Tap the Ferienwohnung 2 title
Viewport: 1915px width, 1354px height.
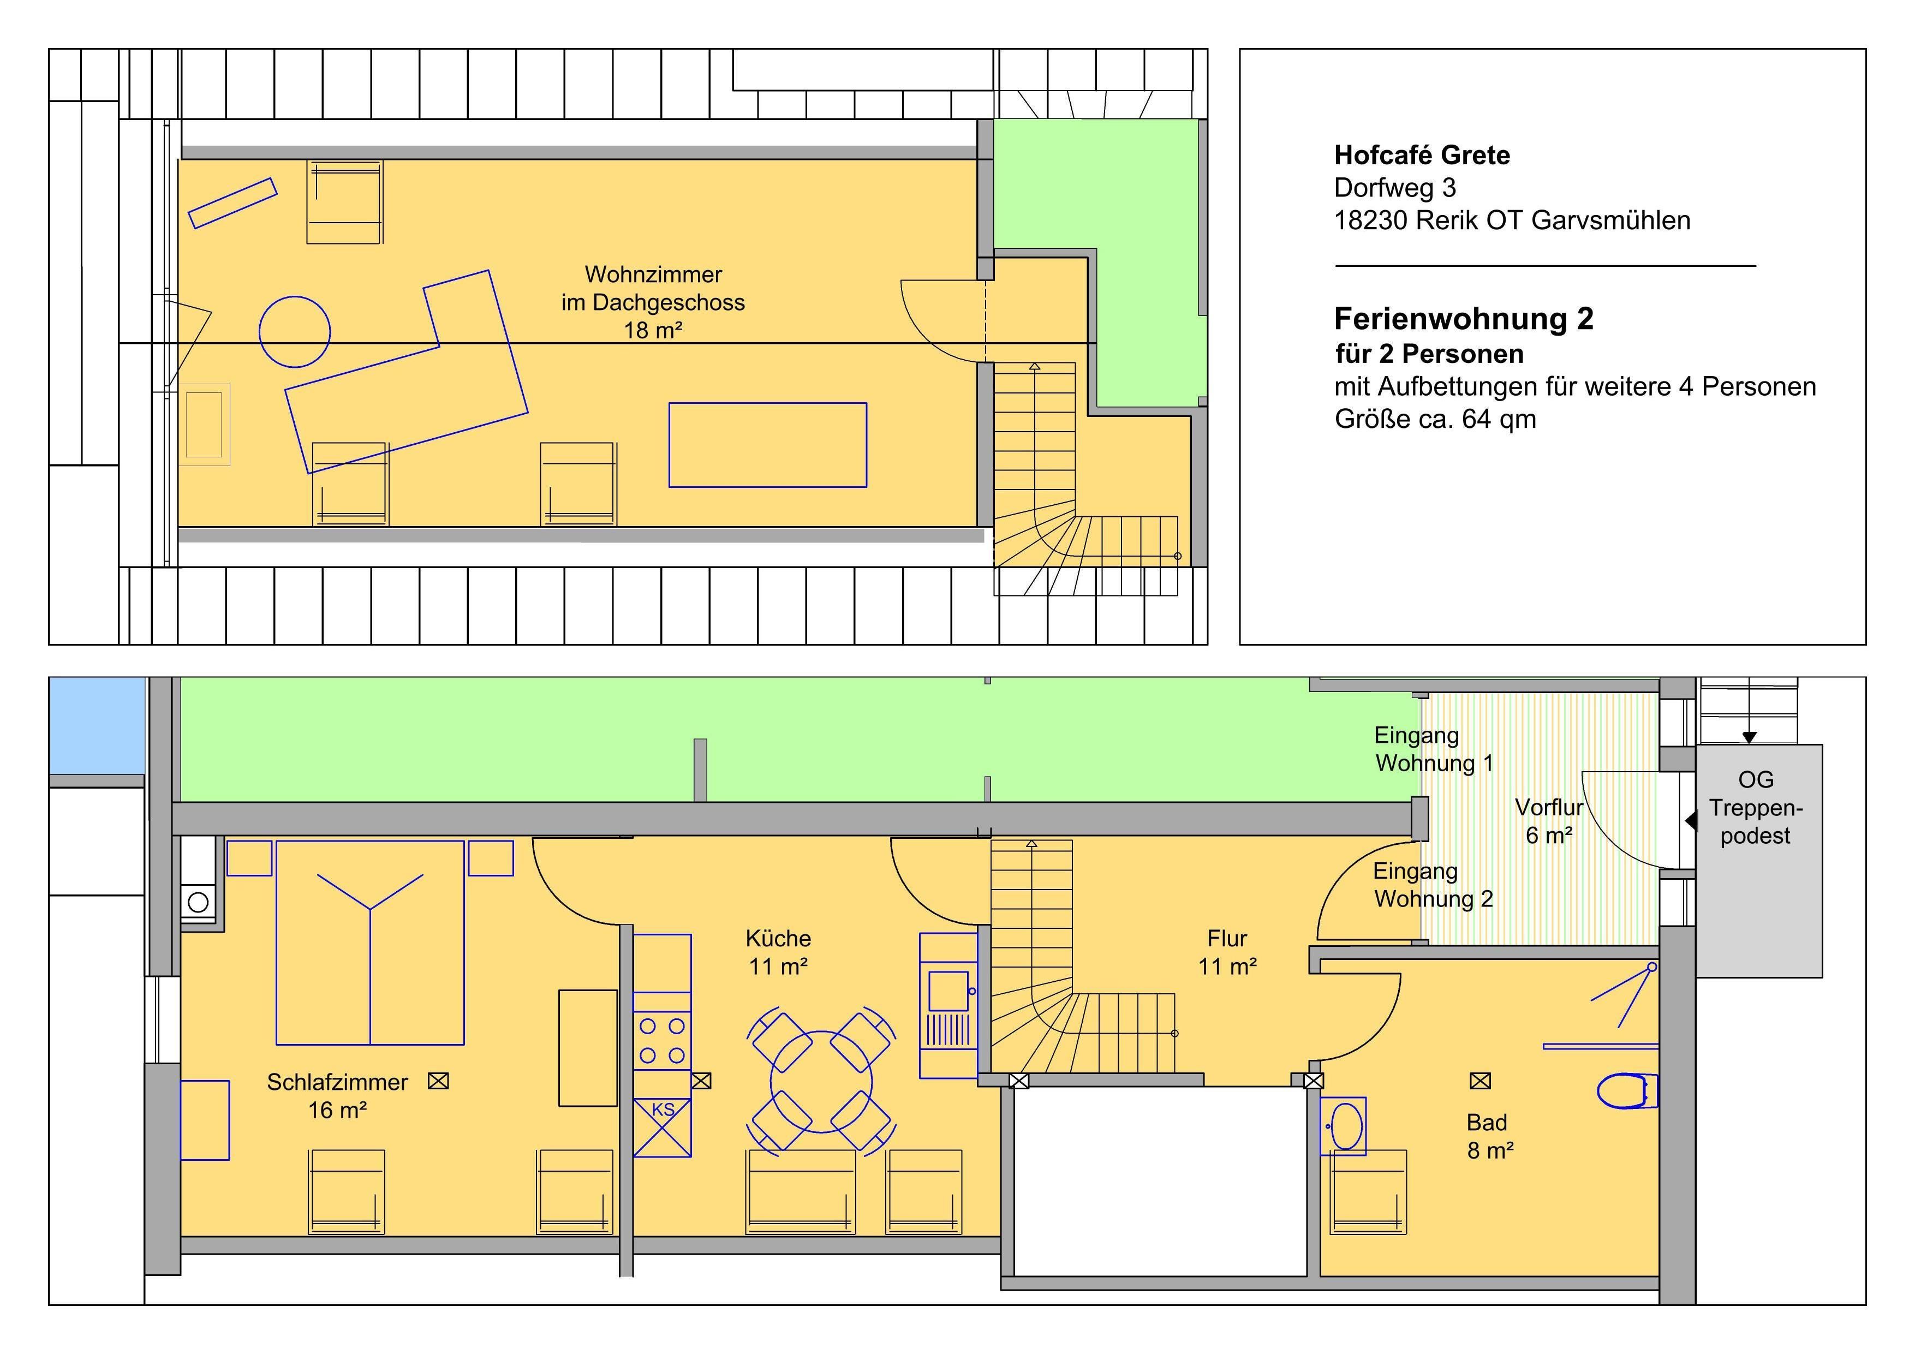coord(1464,319)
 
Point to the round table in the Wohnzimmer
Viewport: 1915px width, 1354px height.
coord(294,332)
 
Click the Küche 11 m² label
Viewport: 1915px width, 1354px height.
coord(778,952)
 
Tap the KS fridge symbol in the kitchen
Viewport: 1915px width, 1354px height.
coord(662,1127)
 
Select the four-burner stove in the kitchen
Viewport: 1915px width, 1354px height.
coord(662,1040)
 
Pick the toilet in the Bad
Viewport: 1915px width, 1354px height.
coord(1626,1090)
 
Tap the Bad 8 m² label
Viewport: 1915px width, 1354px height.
coord(1490,1136)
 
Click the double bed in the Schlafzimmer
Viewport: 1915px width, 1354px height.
coord(371,943)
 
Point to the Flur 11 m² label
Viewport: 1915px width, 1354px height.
coord(1227,952)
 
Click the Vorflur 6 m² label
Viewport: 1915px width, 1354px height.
coord(1549,821)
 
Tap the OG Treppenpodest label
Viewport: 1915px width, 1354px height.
coord(1755,808)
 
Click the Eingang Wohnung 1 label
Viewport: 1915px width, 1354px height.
coord(1434,749)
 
